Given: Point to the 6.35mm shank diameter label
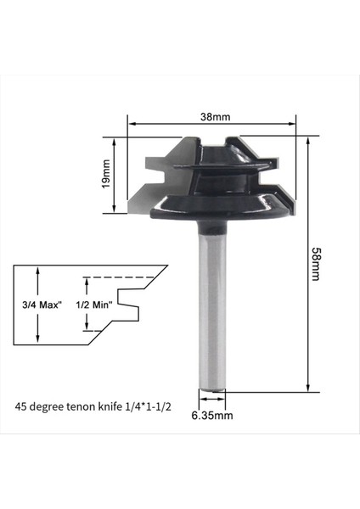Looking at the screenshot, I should tap(211, 416).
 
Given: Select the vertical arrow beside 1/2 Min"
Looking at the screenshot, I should tap(85, 304).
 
